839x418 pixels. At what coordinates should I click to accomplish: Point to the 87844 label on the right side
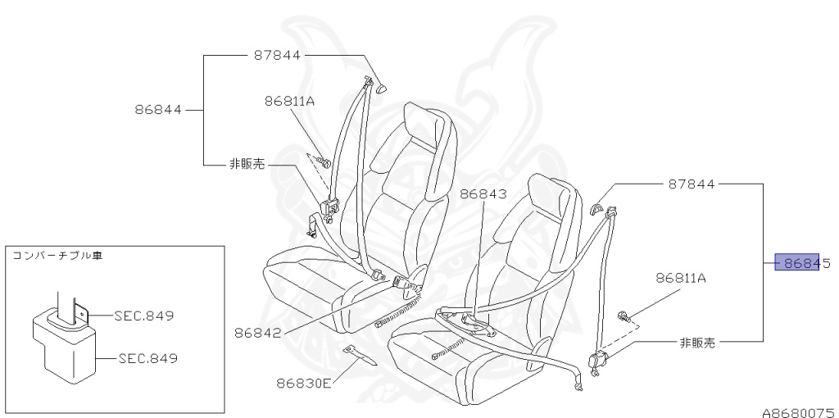[692, 184]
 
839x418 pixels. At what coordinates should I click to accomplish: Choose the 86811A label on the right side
[680, 278]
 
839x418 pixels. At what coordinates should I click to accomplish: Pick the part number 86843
[484, 194]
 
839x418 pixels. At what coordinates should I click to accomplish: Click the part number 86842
[257, 333]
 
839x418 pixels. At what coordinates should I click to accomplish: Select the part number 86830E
[303, 381]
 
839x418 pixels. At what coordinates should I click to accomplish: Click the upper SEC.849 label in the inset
[144, 315]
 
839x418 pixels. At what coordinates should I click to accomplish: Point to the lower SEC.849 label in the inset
[147, 358]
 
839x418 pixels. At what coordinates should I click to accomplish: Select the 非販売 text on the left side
[247, 164]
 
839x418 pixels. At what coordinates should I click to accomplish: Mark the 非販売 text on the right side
[697, 342]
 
